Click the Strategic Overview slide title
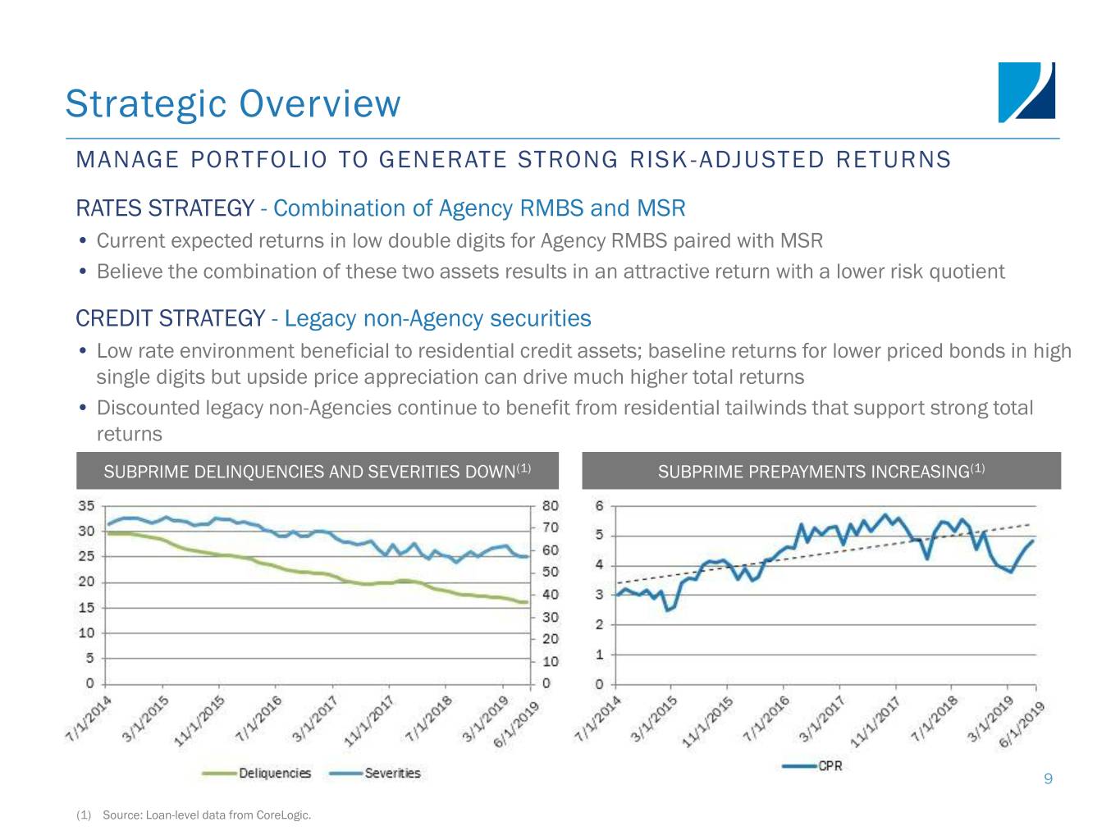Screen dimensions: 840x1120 point(232,103)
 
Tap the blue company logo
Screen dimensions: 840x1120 point(1026,92)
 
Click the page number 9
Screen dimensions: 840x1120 point(1048,778)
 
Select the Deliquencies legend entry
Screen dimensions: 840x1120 point(257,773)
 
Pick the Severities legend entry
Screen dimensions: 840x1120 point(375,773)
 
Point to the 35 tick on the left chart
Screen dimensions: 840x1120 point(86,505)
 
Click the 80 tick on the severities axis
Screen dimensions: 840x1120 point(550,505)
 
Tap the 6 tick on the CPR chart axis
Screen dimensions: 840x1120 point(599,505)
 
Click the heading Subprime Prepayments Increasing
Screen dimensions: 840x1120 point(821,472)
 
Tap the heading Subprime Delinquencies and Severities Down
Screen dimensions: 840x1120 point(317,472)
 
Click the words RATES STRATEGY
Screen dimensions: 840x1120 point(164,208)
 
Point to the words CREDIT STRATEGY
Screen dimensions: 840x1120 point(170,318)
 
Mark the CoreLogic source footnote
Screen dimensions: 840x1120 point(206,815)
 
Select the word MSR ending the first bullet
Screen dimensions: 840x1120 point(801,241)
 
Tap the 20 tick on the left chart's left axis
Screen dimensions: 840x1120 point(86,582)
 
